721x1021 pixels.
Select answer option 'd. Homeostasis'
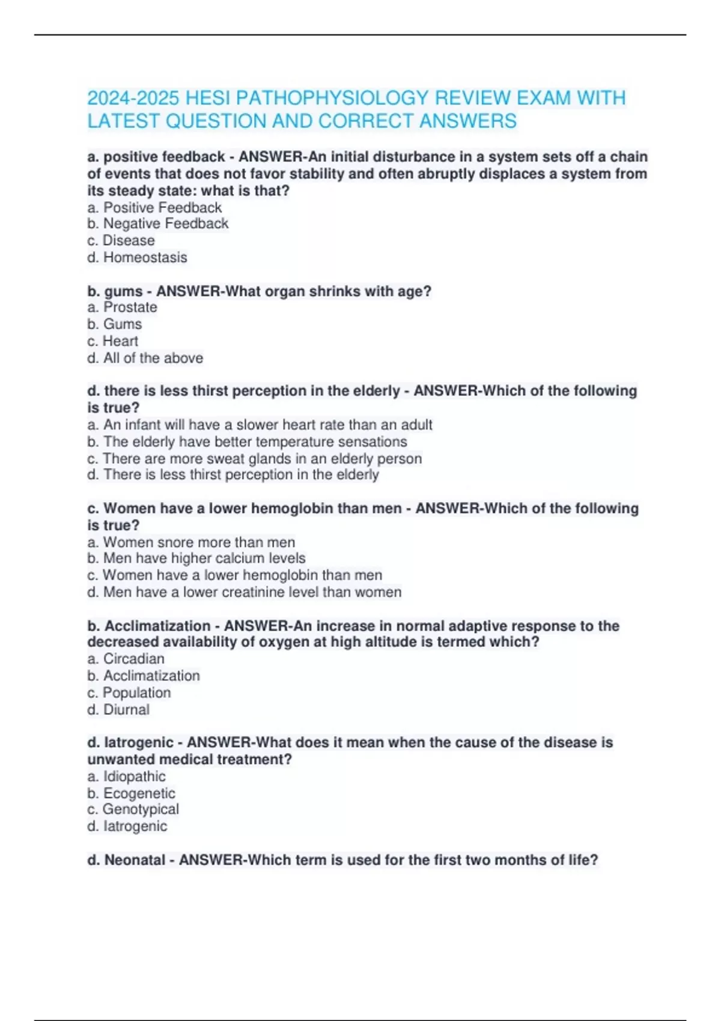[137, 258]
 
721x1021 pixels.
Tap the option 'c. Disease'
[121, 241]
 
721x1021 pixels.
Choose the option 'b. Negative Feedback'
[157, 224]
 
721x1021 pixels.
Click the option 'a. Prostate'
[122, 308]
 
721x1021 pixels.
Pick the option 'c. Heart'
[112, 341]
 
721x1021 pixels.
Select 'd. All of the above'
[145, 358]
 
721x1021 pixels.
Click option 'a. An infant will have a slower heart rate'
[260, 425]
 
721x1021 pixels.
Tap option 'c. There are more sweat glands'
[254, 459]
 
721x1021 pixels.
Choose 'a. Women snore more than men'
[191, 542]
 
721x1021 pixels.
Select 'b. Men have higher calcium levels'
[196, 559]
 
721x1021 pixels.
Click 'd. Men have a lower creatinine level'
[244, 592]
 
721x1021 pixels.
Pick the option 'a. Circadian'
[126, 659]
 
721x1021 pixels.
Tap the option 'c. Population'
[129, 692]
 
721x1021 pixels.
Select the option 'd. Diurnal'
[118, 709]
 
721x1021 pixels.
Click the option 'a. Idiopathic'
[126, 777]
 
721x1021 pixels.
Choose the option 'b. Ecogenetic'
[131, 793]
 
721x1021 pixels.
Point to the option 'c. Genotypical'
[133, 810]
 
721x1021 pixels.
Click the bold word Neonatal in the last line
[135, 860]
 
